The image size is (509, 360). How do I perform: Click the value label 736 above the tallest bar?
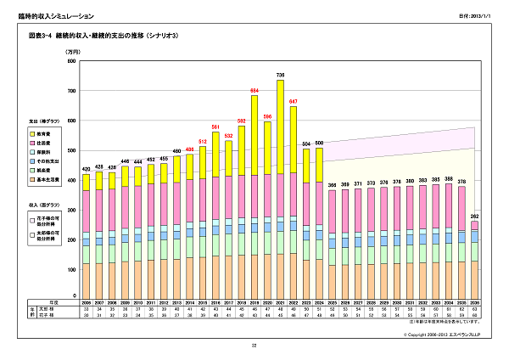click(x=280, y=76)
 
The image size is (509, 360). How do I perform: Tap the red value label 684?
click(x=254, y=90)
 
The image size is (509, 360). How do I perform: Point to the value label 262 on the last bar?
click(x=474, y=216)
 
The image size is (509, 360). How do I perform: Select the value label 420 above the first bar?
click(x=86, y=168)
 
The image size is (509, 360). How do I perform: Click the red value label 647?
click(x=294, y=101)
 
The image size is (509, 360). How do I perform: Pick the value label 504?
click(x=306, y=143)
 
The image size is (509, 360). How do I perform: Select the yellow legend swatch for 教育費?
click(x=31, y=133)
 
